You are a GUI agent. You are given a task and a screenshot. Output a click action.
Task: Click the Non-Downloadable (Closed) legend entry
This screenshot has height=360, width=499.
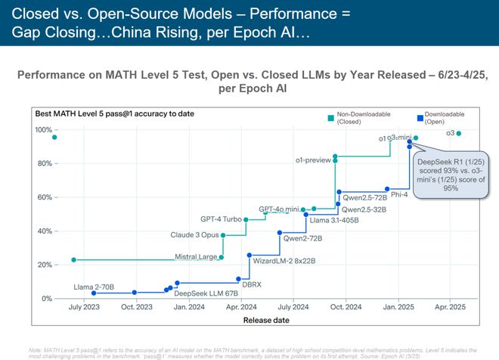(355, 118)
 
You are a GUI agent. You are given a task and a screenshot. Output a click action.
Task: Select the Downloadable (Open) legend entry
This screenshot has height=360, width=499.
(442, 118)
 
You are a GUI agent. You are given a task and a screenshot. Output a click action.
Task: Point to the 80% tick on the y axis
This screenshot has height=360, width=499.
(42, 163)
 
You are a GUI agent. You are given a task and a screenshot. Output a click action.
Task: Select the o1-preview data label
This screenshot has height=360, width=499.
(314, 160)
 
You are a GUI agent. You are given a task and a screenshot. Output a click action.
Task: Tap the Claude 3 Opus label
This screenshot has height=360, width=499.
(194, 235)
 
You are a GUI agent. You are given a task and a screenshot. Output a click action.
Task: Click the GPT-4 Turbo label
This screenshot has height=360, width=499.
(221, 219)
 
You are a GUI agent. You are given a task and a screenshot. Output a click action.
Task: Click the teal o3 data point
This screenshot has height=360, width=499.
(459, 133)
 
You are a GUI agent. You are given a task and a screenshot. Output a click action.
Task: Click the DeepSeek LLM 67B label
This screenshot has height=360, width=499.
(206, 293)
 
